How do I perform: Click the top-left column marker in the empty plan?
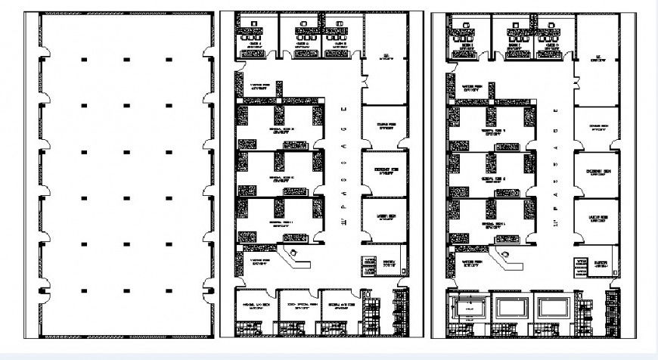click(84, 60)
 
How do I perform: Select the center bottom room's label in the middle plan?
click(297, 306)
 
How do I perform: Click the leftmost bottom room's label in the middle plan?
click(255, 306)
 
